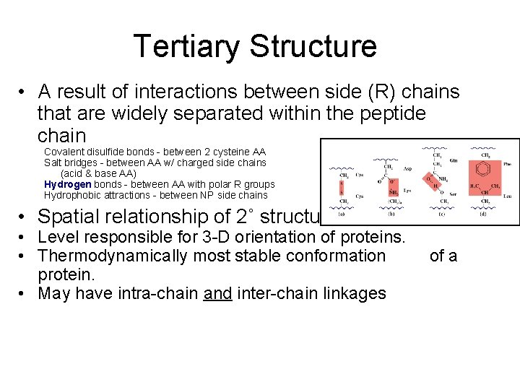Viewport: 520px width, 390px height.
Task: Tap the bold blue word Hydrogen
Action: tap(68, 184)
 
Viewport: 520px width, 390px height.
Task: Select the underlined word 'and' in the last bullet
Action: tap(217, 293)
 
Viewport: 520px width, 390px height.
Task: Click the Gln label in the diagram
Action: tap(454, 162)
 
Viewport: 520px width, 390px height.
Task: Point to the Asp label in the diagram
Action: tap(407, 170)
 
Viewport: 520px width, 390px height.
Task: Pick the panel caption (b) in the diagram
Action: tap(391, 213)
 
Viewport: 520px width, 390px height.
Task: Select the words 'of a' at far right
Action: tap(443, 256)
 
